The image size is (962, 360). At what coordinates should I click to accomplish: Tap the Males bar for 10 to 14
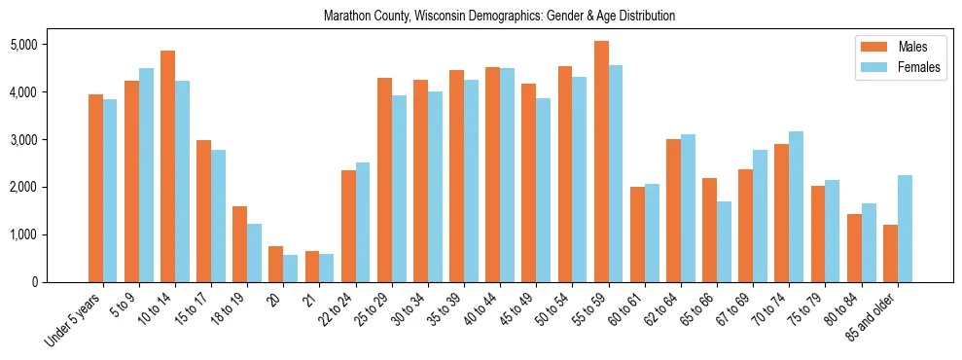point(167,166)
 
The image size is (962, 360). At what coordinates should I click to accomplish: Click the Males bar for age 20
point(276,264)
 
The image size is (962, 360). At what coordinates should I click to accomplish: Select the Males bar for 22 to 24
point(348,226)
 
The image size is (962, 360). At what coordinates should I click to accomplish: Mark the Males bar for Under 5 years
point(95,188)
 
